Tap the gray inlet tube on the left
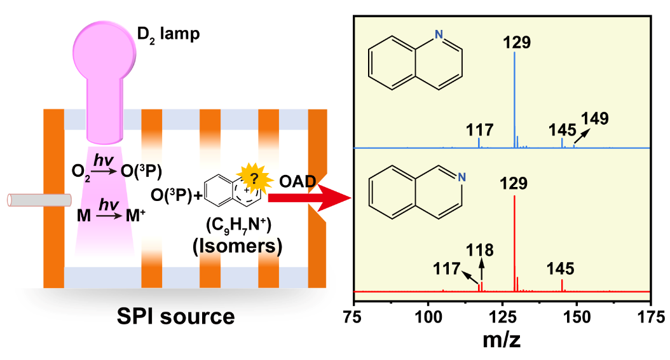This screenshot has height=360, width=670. pyautogui.click(x=38, y=200)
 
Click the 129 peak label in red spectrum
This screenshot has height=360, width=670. pyautogui.click(x=514, y=184)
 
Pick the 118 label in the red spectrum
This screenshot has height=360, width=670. pyautogui.click(x=481, y=249)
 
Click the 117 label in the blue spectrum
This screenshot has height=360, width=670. pyautogui.click(x=479, y=130)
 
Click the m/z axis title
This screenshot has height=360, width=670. pyautogui.click(x=501, y=340)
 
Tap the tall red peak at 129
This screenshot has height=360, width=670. pyautogui.click(x=514, y=242)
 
